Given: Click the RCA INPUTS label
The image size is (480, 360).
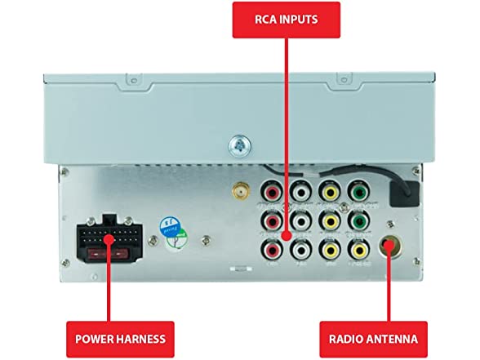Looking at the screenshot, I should [286, 19].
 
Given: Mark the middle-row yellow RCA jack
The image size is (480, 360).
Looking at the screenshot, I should [329, 220].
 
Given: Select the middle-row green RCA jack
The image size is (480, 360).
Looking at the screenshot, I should [357, 220].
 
